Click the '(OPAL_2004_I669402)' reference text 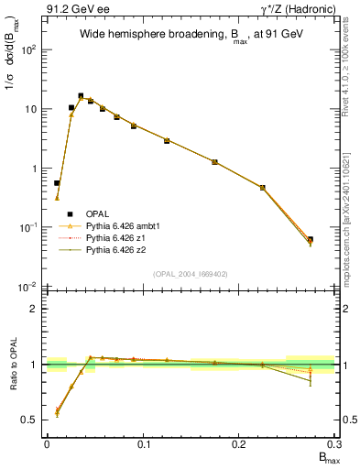[191, 274]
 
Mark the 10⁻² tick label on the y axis [28, 287]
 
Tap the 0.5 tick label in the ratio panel [29, 420]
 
